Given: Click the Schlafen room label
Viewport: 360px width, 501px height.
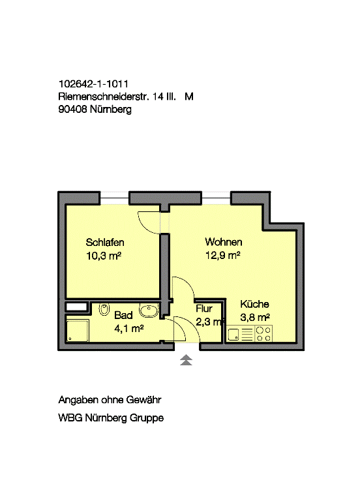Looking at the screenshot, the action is [x=105, y=242].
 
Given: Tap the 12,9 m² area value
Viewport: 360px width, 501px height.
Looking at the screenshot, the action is [x=222, y=255].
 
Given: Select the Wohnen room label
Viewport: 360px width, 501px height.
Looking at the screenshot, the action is [x=224, y=242].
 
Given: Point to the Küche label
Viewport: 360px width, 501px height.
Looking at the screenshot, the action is [x=254, y=304].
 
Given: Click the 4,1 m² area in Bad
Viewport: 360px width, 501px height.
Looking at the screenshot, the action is [x=128, y=328].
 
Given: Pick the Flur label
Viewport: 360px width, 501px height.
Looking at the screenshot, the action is [x=203, y=309].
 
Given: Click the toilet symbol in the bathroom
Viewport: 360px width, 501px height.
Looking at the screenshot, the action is [x=104, y=309].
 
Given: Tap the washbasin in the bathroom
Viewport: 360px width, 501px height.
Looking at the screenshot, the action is [x=149, y=311].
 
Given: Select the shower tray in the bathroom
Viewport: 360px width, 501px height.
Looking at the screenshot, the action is [x=77, y=331].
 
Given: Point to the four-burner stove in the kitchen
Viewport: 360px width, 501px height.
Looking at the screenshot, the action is [x=263, y=334].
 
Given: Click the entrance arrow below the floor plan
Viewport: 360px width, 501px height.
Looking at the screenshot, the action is [x=186, y=360].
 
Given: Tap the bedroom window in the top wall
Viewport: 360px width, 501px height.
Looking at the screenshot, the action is [x=115, y=198].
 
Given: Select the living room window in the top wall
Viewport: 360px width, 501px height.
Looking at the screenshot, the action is [x=217, y=198].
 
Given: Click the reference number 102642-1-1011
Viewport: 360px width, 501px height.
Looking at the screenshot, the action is [x=93, y=83].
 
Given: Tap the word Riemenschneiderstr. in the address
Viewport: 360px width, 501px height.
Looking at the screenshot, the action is [x=104, y=97].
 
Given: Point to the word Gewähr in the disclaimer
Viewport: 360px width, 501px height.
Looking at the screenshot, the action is [x=143, y=400].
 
